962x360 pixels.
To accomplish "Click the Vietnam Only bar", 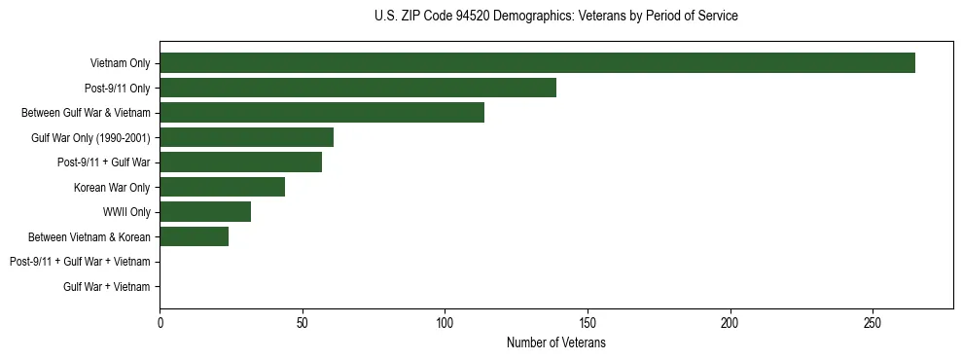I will [537, 63].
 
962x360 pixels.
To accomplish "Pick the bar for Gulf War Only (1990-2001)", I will [246, 137].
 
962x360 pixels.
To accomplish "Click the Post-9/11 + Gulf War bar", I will [240, 162].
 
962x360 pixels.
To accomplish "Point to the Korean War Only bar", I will [222, 187].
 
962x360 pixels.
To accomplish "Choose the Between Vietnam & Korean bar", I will [194, 236].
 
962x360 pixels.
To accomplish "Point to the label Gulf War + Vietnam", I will [107, 287].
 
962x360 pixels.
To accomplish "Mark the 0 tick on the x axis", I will [160, 323].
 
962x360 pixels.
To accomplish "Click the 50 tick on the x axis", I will [303, 323].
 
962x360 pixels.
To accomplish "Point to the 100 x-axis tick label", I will [445, 323].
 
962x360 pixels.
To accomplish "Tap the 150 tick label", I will [588, 323].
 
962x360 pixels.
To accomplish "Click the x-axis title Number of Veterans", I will [555, 343].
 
